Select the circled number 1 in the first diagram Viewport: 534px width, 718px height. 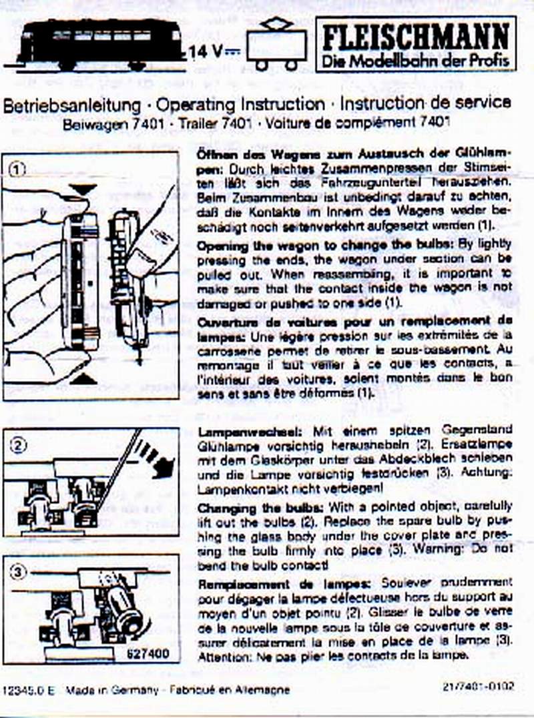[18, 169]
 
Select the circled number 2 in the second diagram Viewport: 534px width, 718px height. [18, 444]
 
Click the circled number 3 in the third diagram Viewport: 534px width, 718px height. [18, 572]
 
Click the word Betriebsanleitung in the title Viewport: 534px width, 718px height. [71, 105]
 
